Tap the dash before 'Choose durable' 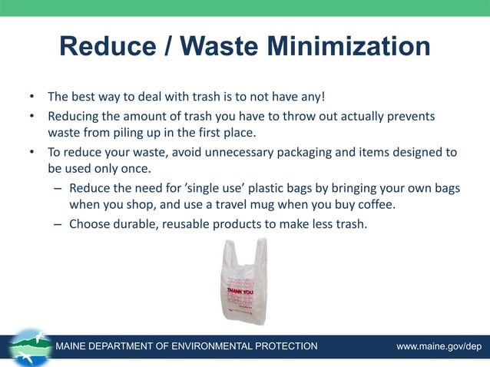coord(58,224)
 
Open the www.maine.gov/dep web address coord(439,346)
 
